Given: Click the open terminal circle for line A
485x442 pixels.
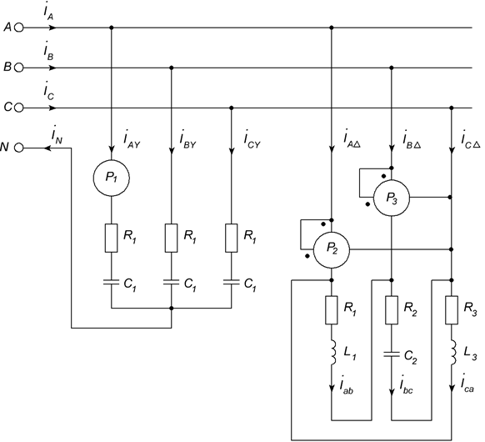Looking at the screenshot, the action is click(19, 28).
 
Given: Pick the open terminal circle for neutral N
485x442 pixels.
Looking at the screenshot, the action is click(19, 148).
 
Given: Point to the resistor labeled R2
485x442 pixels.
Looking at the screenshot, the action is click(392, 310).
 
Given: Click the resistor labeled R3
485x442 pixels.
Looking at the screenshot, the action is click(452, 310).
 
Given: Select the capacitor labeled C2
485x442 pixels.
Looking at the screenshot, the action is click(392, 354).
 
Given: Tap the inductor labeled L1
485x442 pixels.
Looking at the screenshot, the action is click(333, 352).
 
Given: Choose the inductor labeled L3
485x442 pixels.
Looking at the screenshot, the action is click(453, 352).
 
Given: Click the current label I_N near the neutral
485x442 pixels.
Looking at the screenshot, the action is click(57, 136).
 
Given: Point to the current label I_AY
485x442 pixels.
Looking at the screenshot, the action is click(132, 140).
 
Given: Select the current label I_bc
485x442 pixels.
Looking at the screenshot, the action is click(406, 385).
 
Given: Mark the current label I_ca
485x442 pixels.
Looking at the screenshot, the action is click(467, 384).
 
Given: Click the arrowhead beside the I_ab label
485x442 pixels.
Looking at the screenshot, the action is click(332, 388).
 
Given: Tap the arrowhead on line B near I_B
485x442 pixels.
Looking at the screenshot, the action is click(52, 68).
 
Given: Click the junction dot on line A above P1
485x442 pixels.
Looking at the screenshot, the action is click(112, 28).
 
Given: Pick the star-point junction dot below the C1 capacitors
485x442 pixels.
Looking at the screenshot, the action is click(172, 308).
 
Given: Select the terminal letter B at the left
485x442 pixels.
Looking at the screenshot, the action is click(7, 68).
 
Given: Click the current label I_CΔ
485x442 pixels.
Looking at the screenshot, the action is click(470, 140).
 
